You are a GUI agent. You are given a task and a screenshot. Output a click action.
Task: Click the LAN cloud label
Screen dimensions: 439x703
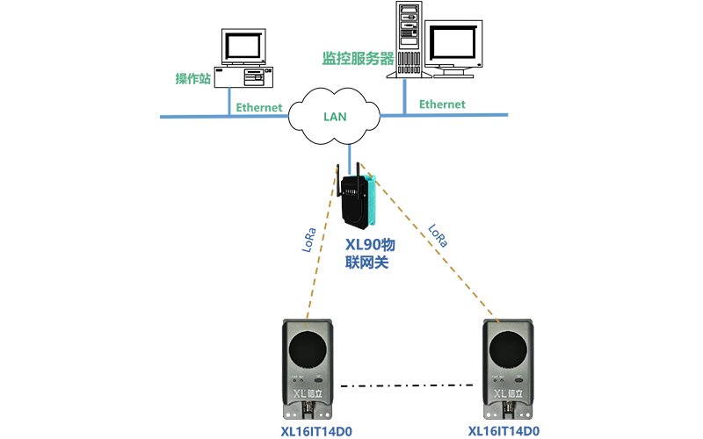(335, 116)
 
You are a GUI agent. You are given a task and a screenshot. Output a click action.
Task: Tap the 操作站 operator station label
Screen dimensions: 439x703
(193, 79)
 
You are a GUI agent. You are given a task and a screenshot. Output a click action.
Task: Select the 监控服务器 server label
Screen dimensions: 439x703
(358, 59)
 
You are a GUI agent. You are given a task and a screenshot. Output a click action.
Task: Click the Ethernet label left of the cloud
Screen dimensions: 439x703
(259, 108)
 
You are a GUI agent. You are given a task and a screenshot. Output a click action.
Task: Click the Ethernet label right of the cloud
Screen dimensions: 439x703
(442, 104)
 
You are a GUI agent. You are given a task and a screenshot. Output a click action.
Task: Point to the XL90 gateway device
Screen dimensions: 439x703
(358, 200)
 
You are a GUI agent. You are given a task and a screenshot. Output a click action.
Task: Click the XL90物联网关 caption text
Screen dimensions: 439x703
(366, 253)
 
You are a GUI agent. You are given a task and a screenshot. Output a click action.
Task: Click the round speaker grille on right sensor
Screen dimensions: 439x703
(509, 348)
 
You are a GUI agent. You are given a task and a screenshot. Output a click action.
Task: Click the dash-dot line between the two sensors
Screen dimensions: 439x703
(413, 385)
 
